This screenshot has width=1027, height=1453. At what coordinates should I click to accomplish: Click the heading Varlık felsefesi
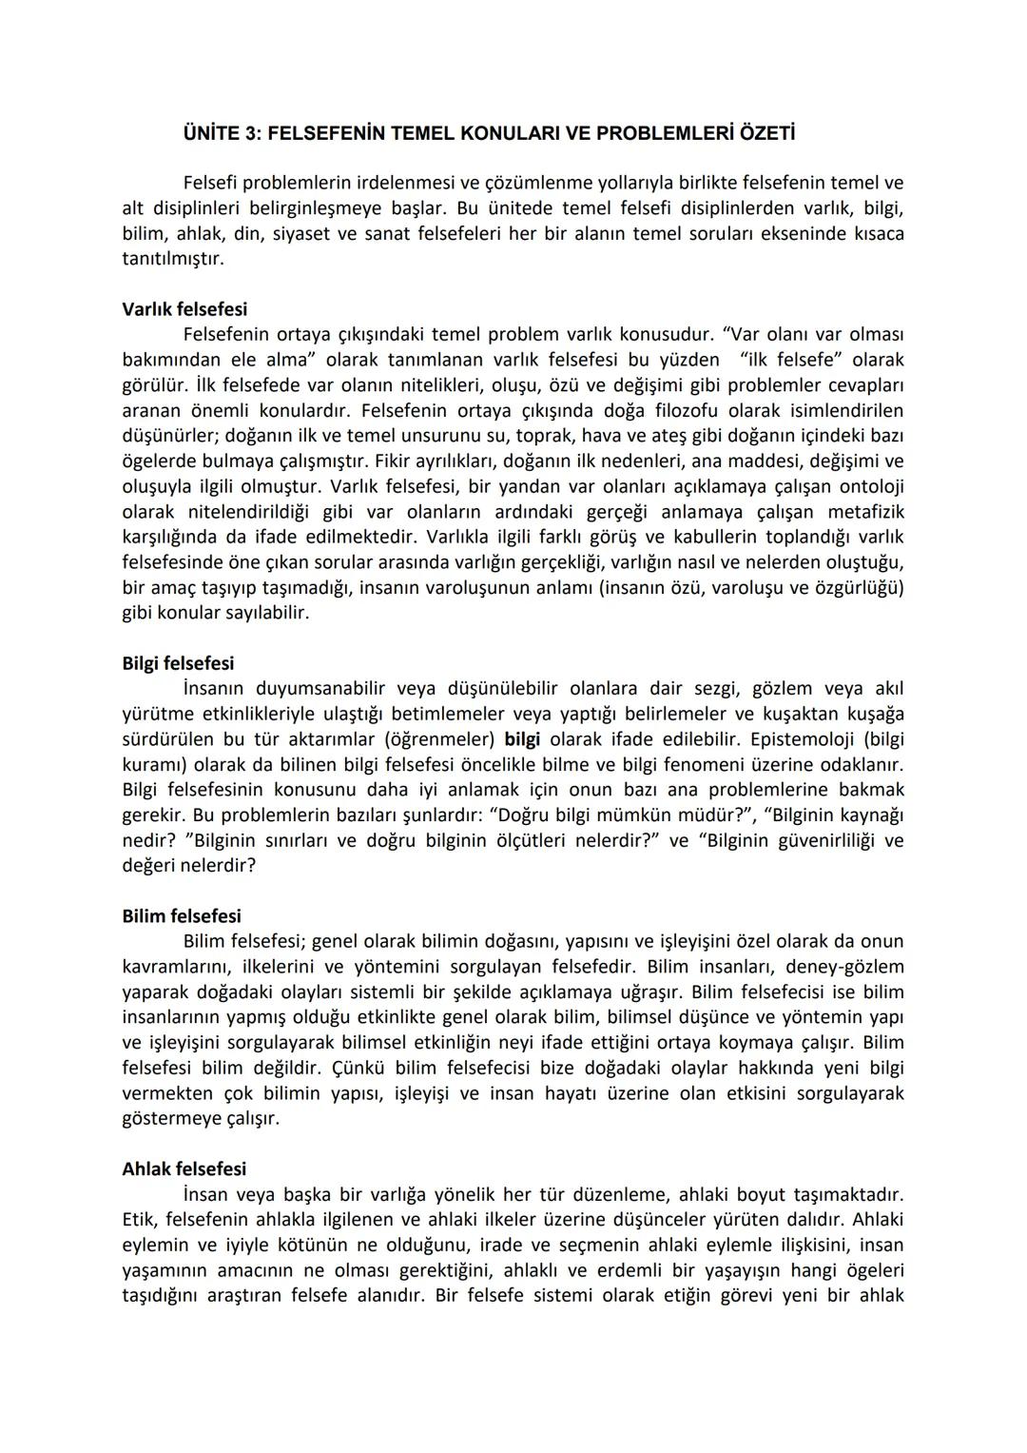click(x=184, y=309)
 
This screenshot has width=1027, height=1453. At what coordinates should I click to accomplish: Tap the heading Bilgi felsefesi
click(x=178, y=663)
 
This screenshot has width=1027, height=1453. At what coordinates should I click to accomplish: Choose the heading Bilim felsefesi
click(x=182, y=916)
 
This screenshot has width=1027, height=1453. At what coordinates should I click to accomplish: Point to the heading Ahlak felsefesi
click(x=184, y=1168)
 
